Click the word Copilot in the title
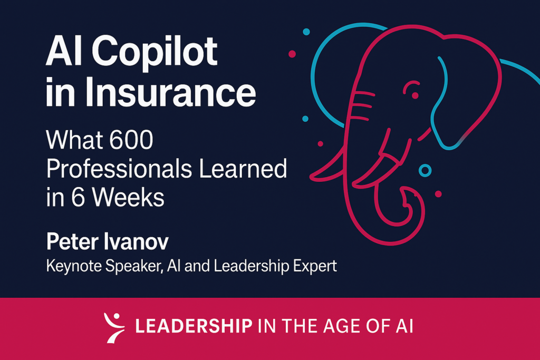(155, 53)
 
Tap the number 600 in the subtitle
(131, 140)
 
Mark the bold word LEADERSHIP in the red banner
(194, 326)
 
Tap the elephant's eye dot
(415, 95)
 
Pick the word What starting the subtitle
(75, 140)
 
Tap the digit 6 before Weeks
(78, 198)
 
